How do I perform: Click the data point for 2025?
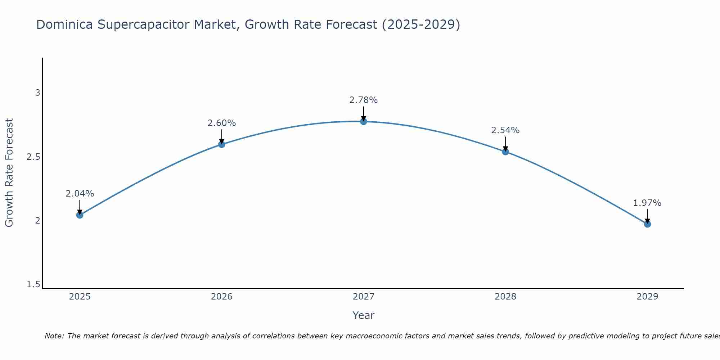tap(80, 215)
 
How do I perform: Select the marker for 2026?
tap(222, 144)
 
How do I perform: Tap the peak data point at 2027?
tap(364, 121)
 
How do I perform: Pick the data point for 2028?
tap(505, 152)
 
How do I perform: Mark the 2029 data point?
tap(647, 224)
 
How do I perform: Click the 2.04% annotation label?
tap(80, 194)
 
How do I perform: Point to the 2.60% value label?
tap(222, 123)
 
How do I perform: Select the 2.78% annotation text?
tap(364, 100)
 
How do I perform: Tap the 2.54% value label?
tap(505, 130)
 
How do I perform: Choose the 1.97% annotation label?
tap(647, 203)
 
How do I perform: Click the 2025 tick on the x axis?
tap(80, 297)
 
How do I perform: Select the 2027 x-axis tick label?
tap(364, 297)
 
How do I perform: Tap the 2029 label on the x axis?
tap(647, 297)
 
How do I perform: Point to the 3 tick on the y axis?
tap(37, 93)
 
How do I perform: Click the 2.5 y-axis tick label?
tap(33, 157)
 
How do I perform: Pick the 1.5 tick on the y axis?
tap(33, 285)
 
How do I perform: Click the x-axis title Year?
tap(364, 315)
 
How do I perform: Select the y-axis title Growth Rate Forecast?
tap(9, 172)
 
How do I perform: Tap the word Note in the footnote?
tap(54, 336)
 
